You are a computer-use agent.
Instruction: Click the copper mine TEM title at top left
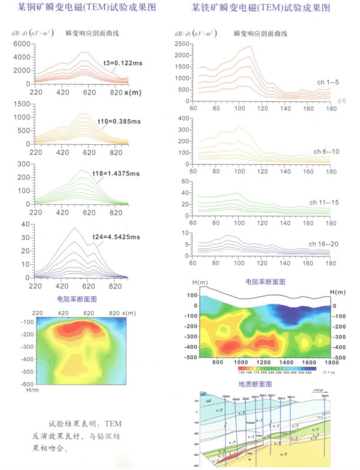coord(87,8)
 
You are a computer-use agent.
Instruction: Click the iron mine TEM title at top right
coord(260,8)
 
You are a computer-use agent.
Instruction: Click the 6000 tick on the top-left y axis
coord(21,44)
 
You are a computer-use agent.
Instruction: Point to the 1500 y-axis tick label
coord(21,104)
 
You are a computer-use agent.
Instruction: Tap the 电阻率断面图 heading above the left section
coord(77,300)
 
